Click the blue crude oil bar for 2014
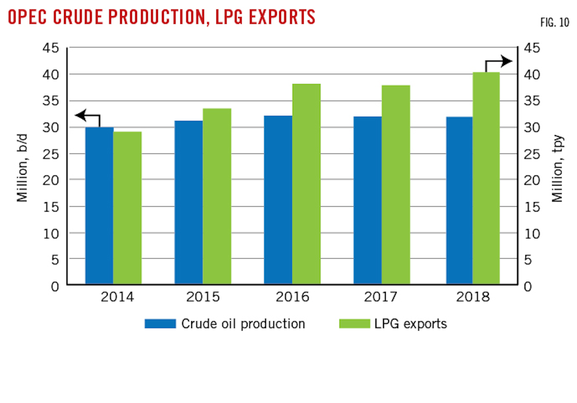click(x=99, y=205)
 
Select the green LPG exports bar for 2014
click(x=127, y=208)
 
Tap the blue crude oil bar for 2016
click(x=278, y=200)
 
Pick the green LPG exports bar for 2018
click(x=486, y=178)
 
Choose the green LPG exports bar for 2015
click(x=217, y=196)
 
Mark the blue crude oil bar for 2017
click(x=367, y=200)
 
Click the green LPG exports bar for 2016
click(x=306, y=184)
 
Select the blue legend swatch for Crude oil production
click(x=160, y=324)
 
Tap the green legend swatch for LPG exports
click(x=354, y=324)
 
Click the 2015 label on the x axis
click(x=203, y=297)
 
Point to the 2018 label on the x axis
click(x=473, y=297)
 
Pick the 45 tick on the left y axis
click(x=51, y=48)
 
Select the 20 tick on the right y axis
click(x=532, y=180)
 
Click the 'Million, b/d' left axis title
click(x=22, y=168)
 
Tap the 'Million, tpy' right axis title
click(x=557, y=168)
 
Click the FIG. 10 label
click(x=555, y=22)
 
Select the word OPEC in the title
click(x=28, y=17)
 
